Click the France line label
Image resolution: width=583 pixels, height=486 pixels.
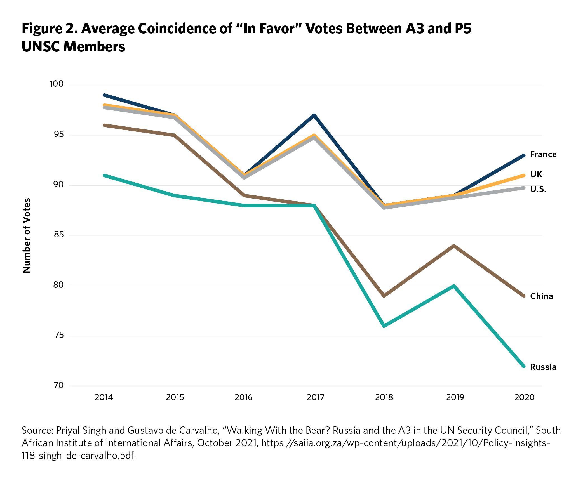click(543, 154)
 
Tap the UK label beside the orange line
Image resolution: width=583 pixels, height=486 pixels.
click(536, 174)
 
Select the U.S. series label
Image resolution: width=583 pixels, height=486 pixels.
click(538, 189)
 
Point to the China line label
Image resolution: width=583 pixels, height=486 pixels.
click(541, 296)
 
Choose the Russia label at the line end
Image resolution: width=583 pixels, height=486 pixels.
click(543, 367)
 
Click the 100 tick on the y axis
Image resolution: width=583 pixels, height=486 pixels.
click(57, 84)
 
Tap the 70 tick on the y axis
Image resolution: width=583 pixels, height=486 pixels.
click(58, 385)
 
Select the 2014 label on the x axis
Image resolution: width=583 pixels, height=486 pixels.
click(104, 397)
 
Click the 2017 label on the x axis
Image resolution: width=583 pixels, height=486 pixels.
click(315, 397)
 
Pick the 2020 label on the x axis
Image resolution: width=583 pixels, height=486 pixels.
click(524, 397)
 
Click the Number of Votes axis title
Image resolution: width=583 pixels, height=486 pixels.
click(27, 235)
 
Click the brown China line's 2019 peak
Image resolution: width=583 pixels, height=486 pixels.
click(454, 246)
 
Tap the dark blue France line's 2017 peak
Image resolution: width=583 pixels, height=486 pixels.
click(314, 115)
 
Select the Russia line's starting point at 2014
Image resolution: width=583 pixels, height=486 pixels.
click(104, 175)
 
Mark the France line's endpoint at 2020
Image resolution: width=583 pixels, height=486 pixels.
click(524, 155)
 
